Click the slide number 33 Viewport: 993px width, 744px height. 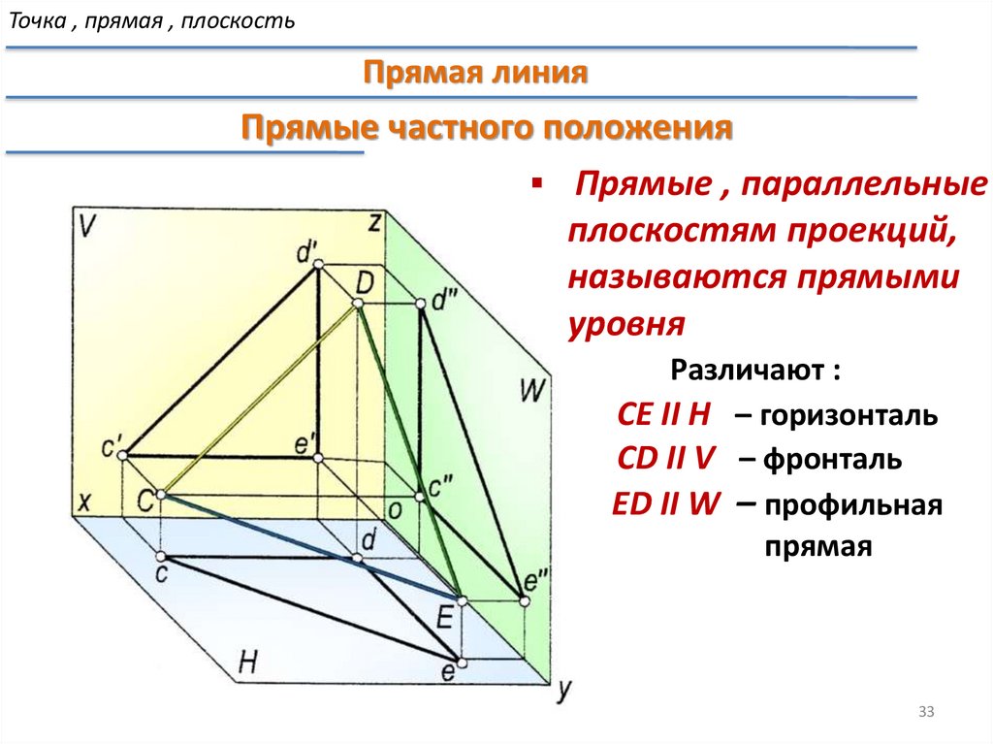tap(925, 714)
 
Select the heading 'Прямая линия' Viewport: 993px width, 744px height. tap(476, 74)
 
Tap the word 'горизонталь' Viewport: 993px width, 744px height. tap(849, 417)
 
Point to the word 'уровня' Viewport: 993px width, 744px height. tap(626, 323)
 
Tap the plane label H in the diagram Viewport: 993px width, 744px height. tap(248, 663)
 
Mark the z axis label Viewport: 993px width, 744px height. tap(373, 222)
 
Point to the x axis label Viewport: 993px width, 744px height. tap(84, 502)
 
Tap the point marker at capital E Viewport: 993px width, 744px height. tap(460, 601)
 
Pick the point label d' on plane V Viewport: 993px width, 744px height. tap(308, 254)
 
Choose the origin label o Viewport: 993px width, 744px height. tap(395, 510)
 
